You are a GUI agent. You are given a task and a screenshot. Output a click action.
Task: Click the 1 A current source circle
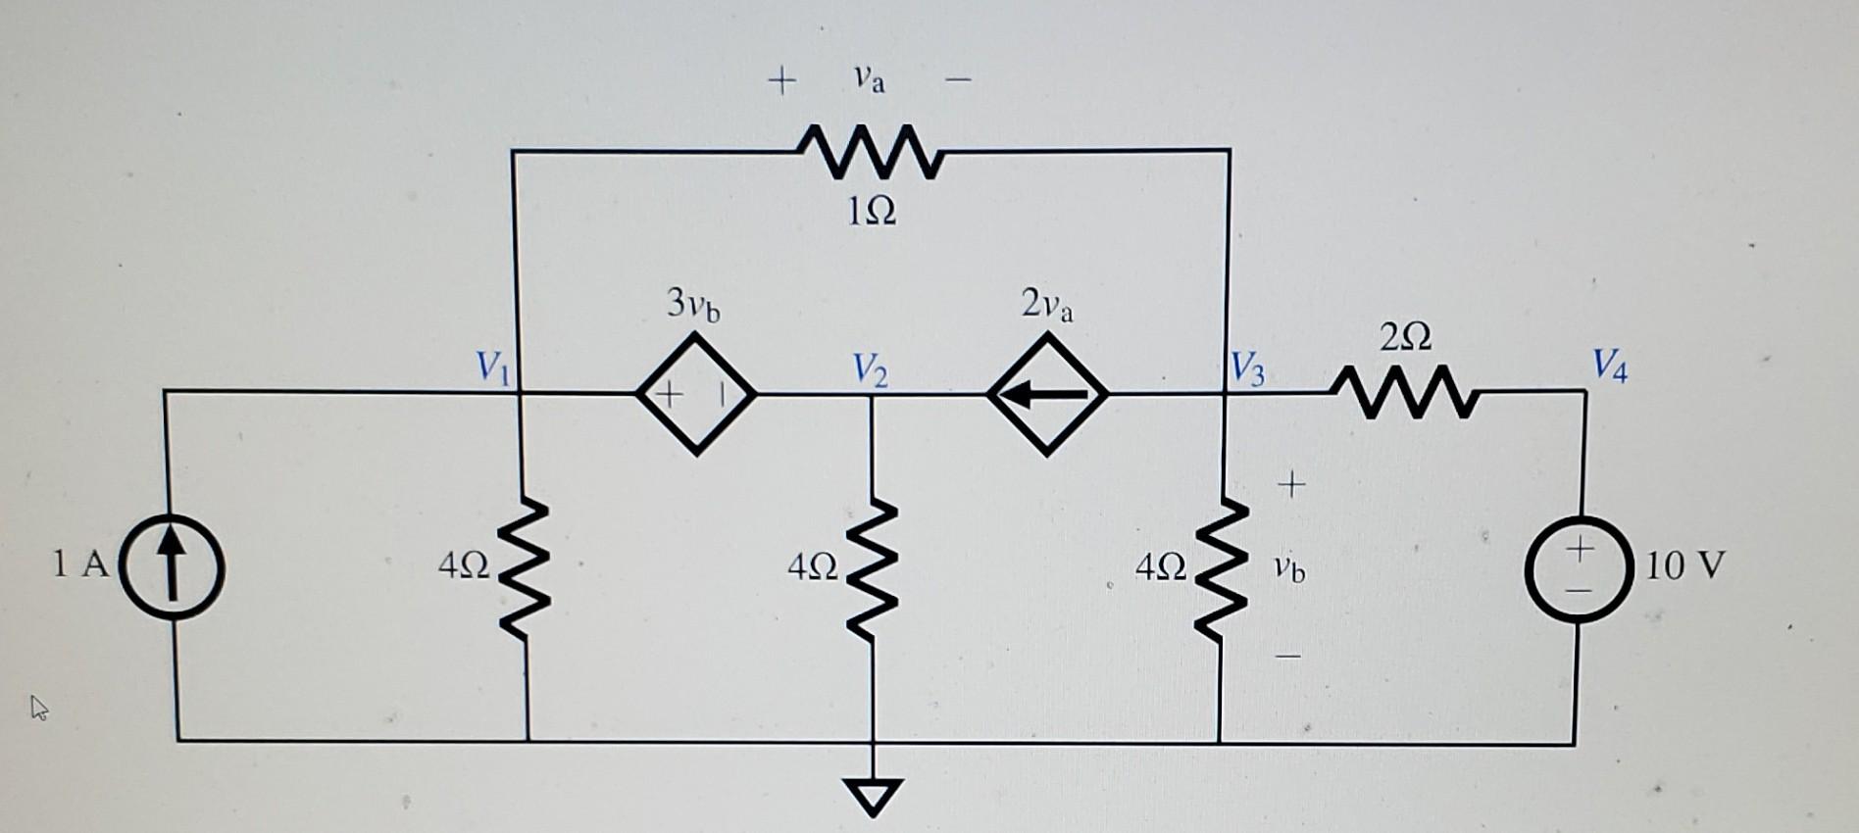coord(172,567)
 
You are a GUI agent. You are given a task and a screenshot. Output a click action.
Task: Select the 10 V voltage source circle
coord(1578,568)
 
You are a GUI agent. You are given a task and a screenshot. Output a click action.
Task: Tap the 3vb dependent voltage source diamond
coord(696,394)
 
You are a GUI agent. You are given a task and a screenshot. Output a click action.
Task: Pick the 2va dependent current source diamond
coord(1047,394)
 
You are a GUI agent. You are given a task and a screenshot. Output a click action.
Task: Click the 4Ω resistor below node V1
coord(524,569)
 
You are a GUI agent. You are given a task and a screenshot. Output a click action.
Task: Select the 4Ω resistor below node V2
coord(871,569)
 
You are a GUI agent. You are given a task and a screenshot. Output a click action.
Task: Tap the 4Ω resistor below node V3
coord(1221,569)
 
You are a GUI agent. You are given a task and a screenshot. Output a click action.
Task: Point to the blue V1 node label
coord(492,367)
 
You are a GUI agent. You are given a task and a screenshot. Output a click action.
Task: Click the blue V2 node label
coord(870,369)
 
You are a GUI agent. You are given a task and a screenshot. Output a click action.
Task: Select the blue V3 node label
coord(1248,370)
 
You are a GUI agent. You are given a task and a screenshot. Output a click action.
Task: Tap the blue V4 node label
coord(1609,366)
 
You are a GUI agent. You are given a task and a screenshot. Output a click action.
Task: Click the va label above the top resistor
coord(869,79)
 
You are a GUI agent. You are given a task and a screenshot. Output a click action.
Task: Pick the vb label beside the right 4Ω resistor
coord(1289,568)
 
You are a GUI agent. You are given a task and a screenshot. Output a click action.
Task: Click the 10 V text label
coord(1683,565)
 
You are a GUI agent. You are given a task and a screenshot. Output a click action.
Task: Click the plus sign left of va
coord(781,79)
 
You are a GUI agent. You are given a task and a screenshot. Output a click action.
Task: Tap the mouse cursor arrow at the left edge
coord(39,707)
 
